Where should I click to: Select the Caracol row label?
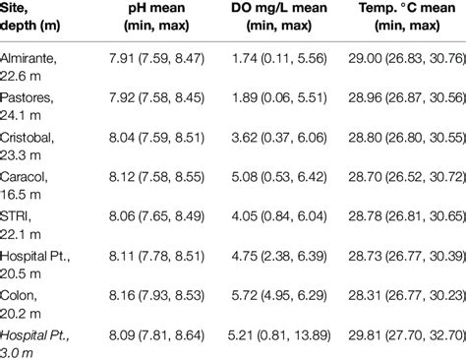(x=30, y=184)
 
